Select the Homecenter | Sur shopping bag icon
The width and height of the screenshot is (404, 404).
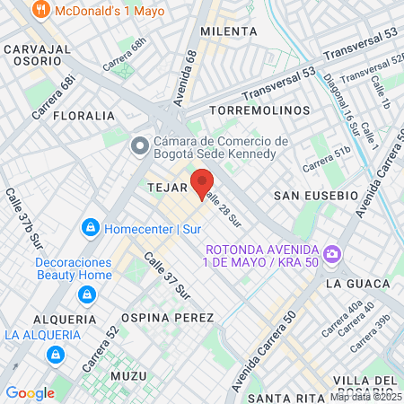click(x=91, y=228)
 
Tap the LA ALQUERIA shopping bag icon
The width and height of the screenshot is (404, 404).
click(x=56, y=355)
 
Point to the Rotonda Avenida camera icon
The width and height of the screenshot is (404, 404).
click(x=332, y=255)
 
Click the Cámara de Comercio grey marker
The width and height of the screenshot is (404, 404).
click(x=139, y=145)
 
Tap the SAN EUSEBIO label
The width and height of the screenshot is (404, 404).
click(x=316, y=195)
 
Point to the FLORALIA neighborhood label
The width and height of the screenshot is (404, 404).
click(x=84, y=116)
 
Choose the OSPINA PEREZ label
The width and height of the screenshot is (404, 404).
click(x=168, y=318)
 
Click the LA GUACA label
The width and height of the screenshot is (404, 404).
click(x=348, y=283)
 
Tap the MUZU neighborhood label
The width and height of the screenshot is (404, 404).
click(x=127, y=374)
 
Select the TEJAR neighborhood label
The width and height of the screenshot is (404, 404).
click(x=166, y=189)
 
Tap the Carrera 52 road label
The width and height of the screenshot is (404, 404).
click(x=101, y=348)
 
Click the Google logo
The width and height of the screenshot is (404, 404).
click(x=30, y=392)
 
